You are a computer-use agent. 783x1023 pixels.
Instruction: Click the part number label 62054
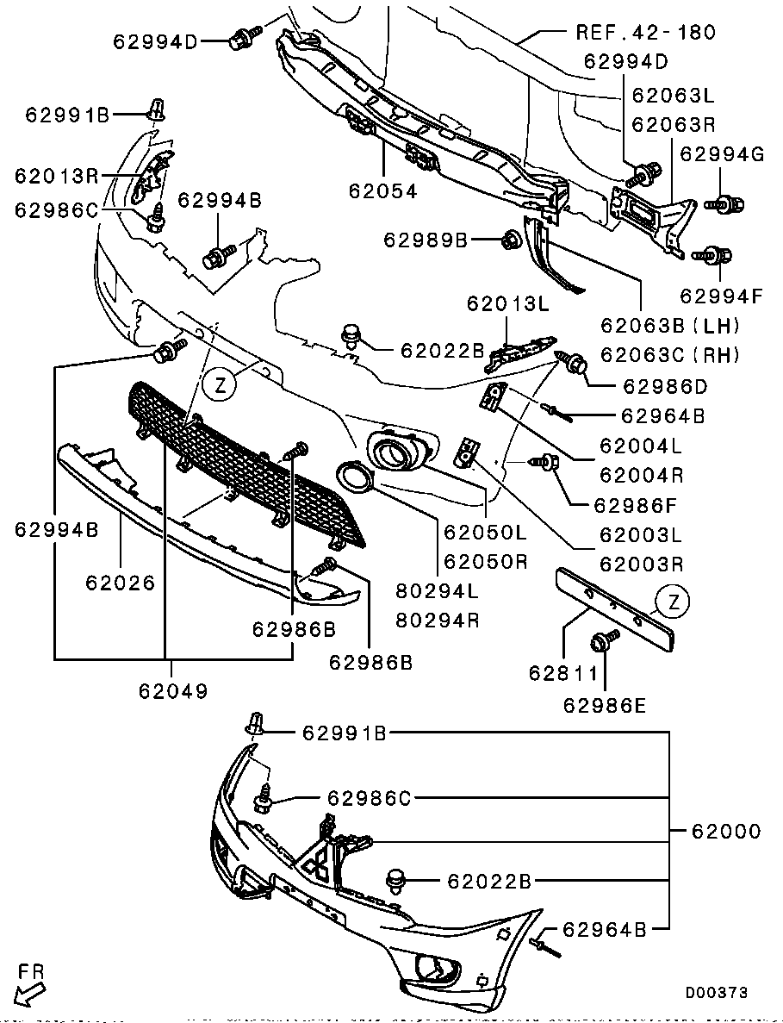[x=382, y=191]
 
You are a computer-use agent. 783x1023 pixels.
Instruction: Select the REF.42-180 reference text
[x=645, y=33]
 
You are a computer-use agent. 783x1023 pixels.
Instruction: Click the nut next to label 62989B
[x=509, y=239]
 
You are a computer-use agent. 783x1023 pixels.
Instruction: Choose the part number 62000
[x=726, y=832]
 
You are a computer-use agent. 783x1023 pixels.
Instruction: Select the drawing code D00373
[x=716, y=993]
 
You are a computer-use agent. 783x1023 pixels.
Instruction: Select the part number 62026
[x=120, y=583]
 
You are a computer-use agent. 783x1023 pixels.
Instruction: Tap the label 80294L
[x=438, y=591]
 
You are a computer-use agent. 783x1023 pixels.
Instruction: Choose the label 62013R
[x=56, y=176]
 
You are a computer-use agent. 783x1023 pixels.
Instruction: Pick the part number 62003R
[x=641, y=565]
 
